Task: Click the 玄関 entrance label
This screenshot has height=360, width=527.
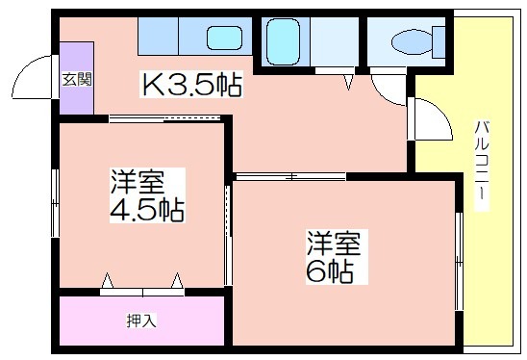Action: pos(77,80)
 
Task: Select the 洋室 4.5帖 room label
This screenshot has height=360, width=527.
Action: pos(147,195)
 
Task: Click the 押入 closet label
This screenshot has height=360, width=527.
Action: pos(141,321)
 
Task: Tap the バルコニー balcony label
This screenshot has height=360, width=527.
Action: pos(481,166)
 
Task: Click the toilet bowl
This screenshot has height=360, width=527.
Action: pos(412,42)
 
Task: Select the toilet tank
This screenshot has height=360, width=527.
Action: pos(439,42)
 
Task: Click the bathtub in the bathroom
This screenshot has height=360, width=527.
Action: pos(283,41)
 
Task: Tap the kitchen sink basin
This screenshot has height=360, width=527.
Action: pos(224,38)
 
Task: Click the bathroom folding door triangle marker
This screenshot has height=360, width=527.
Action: pos(348,83)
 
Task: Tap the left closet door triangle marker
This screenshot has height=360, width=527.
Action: pos(107,281)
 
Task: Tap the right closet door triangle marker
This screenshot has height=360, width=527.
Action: pos(177,281)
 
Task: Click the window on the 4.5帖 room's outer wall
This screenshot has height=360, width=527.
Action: pos(55,203)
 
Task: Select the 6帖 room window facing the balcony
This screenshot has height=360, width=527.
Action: pos(459,262)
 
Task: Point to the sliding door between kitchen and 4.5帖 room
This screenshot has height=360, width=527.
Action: pos(164,118)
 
